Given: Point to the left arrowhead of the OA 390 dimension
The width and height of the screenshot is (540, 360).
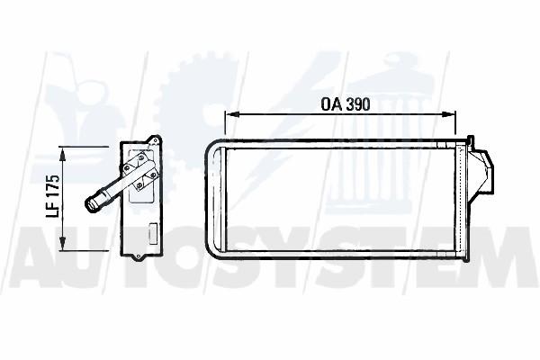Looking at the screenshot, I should (x=230, y=114).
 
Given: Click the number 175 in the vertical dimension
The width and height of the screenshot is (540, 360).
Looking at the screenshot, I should (x=52, y=187).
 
